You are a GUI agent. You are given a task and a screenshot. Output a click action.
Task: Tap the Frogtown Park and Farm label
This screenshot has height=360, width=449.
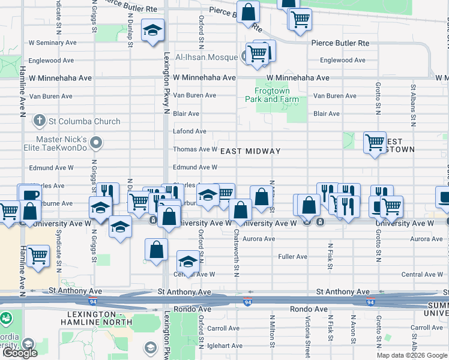pos(272,95)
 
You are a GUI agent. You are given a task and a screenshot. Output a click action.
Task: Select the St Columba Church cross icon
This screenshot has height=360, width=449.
pos(40,121)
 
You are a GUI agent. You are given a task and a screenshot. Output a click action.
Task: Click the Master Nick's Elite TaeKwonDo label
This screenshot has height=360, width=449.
pos(62,143)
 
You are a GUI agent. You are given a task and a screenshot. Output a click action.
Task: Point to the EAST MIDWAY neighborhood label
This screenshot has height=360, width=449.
pos(250,151)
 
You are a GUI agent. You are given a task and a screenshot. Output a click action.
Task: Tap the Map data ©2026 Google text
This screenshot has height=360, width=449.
pos(412,355)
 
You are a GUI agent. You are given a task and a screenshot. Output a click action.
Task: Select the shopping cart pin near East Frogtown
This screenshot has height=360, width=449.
pos(375,143)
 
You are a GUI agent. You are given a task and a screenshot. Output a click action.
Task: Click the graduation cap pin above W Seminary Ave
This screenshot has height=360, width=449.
pos(153,29)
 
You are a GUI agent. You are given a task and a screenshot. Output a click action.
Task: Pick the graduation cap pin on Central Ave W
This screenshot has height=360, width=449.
pos(188,262)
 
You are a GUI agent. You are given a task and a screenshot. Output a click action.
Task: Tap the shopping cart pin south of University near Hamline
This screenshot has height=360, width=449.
pos(38,256)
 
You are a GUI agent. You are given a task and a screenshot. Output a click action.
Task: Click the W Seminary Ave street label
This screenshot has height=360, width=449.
pos(53,43)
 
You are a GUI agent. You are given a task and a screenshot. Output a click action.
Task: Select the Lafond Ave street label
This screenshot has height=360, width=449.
pos(190,131)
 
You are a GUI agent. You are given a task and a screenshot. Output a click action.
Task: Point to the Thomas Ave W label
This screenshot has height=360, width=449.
pos(195,149)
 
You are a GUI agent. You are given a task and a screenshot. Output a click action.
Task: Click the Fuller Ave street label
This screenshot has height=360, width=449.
pos(292,257)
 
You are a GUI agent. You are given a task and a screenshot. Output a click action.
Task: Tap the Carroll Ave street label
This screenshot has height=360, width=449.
pos(223,329)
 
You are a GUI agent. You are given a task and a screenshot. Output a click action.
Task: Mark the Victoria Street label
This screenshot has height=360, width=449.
pos(307,336)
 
